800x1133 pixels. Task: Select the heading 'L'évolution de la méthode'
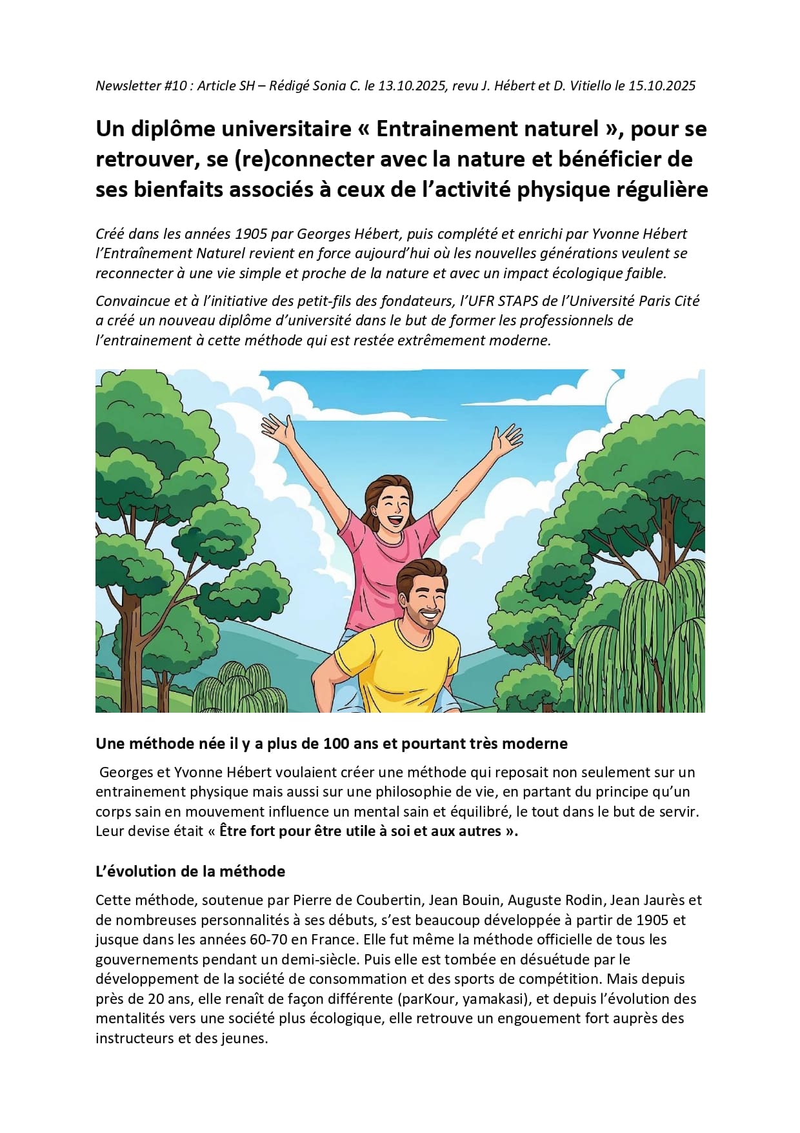point(190,872)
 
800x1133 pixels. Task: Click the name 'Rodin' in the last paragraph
point(585,900)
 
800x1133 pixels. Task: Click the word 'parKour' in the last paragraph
point(425,999)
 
